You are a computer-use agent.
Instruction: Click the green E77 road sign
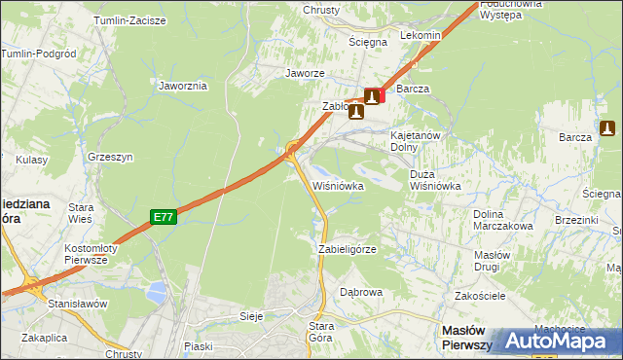click(x=164, y=218)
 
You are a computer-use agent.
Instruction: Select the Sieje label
click(x=252, y=316)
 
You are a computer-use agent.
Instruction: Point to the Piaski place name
click(x=198, y=345)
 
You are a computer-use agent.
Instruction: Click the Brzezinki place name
click(x=547, y=221)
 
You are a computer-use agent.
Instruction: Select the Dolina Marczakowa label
click(x=502, y=220)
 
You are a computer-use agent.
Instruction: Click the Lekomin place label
click(x=421, y=35)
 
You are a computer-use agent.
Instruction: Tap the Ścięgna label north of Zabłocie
click(x=368, y=42)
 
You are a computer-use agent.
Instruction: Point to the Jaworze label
click(x=304, y=73)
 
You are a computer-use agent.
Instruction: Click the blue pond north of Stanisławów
click(x=156, y=290)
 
